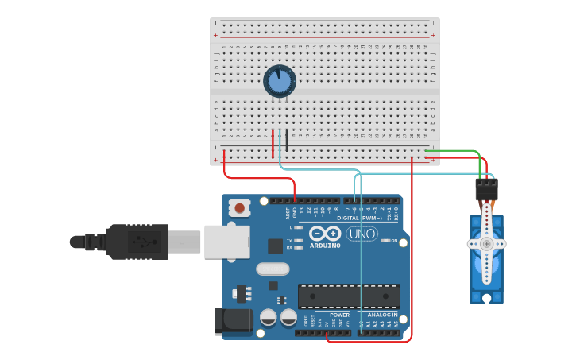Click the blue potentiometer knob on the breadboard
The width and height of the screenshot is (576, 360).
280,81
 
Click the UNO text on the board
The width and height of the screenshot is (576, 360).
362,234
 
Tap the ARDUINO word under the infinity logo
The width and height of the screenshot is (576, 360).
325,246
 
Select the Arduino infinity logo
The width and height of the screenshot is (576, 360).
325,234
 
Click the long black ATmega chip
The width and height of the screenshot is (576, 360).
349,296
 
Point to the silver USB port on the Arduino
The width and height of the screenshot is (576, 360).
227,241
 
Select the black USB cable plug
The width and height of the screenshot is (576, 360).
137,242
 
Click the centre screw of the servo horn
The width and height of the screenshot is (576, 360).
486,244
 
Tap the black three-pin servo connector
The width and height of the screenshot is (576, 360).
486,189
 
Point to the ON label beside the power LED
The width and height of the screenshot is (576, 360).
394,241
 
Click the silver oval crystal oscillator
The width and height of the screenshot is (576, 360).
273,269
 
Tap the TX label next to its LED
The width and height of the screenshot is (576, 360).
288,240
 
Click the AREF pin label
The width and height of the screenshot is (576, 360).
288,213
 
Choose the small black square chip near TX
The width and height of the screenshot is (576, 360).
275,246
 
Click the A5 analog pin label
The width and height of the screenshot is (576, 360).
396,324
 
